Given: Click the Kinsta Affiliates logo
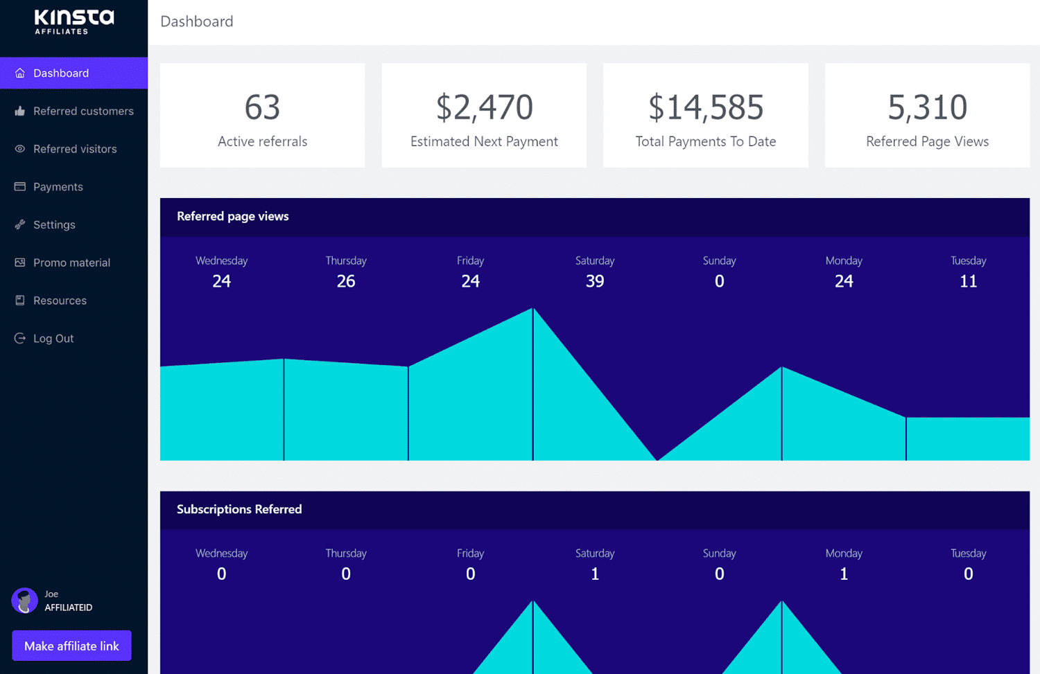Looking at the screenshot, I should point(73,21).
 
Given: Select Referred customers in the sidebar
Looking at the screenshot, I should point(83,111).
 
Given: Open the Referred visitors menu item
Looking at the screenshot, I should point(75,149).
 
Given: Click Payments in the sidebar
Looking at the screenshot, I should point(58,187).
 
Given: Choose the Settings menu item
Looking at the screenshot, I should point(54,225).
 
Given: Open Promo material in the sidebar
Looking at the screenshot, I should point(71,263).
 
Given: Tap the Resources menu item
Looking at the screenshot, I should point(60,301).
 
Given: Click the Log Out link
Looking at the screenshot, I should point(53,339).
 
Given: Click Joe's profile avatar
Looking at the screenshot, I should point(24,601).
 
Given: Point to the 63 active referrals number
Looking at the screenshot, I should point(262,107).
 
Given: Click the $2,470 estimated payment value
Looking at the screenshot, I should point(484,107).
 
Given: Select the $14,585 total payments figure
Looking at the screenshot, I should point(705,107).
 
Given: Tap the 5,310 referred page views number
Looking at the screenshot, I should point(927,107).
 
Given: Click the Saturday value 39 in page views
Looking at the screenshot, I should point(595,281).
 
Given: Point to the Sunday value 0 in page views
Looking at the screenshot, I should point(719,281).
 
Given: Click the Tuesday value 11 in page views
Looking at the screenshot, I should point(968,281).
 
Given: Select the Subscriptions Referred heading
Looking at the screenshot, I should point(239,509).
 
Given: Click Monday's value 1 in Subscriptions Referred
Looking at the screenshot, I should point(844,574).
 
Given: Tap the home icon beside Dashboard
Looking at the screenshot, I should point(20,73).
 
